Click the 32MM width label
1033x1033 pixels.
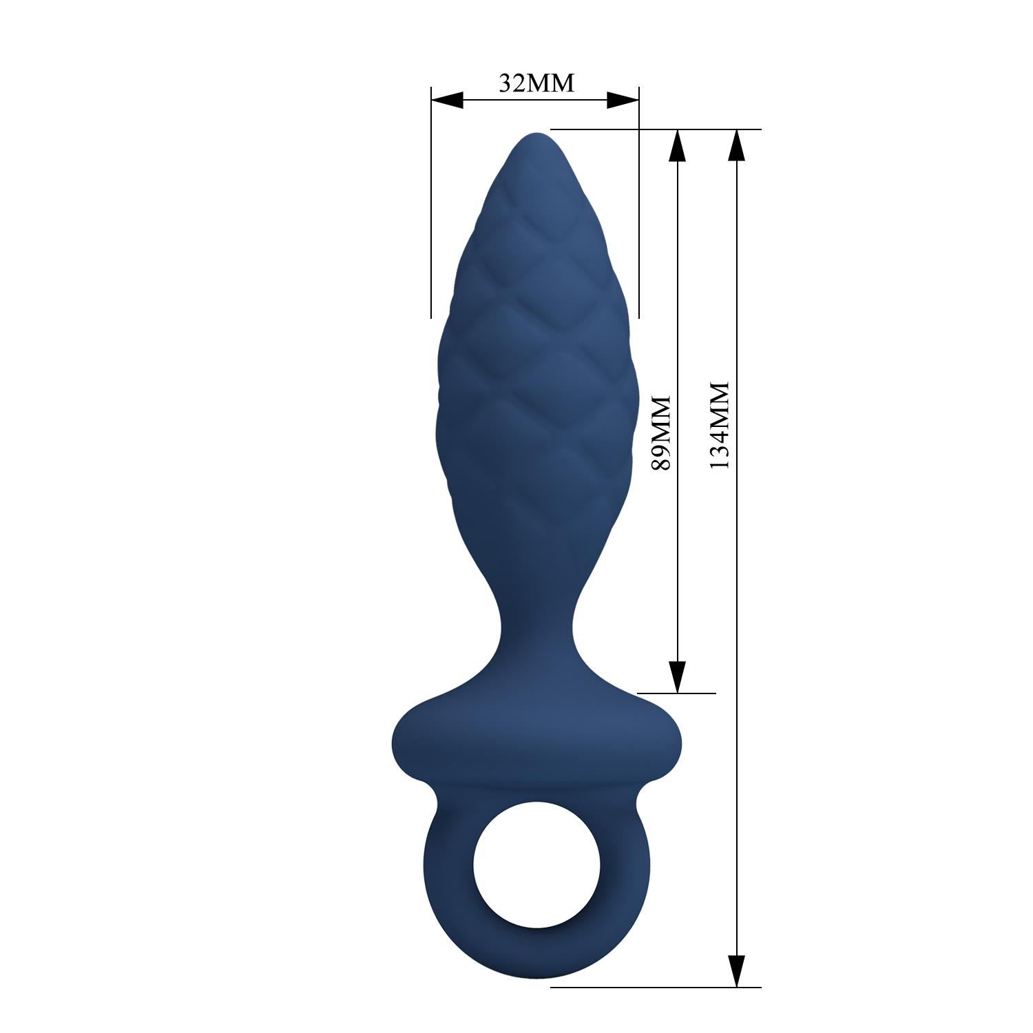click(536, 83)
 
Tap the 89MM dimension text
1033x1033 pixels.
click(660, 432)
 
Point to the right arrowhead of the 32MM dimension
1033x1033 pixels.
click(623, 101)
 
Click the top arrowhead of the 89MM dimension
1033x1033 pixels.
click(678, 145)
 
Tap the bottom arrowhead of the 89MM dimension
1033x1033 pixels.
click(678, 676)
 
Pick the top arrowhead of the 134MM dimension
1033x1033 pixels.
click(736, 145)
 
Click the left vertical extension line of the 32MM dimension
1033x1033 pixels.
click(431, 207)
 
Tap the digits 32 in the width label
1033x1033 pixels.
click(512, 83)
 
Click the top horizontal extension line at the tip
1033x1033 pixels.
click(654, 129)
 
